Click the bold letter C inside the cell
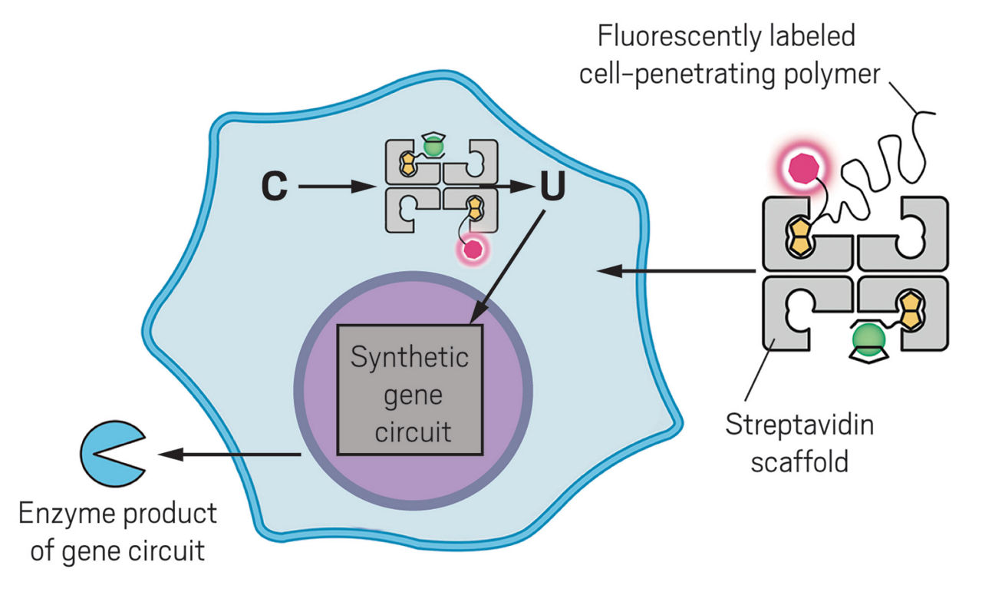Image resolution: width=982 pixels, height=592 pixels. (274, 187)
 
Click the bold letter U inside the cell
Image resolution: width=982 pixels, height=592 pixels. (551, 187)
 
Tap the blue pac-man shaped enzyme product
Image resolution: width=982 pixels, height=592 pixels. (106, 454)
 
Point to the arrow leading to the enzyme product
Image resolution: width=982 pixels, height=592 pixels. (230, 455)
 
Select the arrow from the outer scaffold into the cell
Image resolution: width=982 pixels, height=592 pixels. (675, 270)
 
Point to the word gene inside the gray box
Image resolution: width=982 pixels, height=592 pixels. (410, 395)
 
